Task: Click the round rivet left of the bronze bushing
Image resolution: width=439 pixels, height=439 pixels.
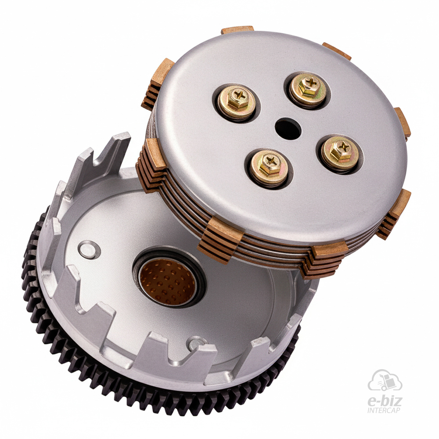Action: click(x=89, y=250)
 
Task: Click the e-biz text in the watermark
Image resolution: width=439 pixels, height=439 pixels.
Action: click(x=384, y=401)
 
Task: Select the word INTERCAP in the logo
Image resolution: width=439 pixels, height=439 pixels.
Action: click(x=384, y=410)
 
